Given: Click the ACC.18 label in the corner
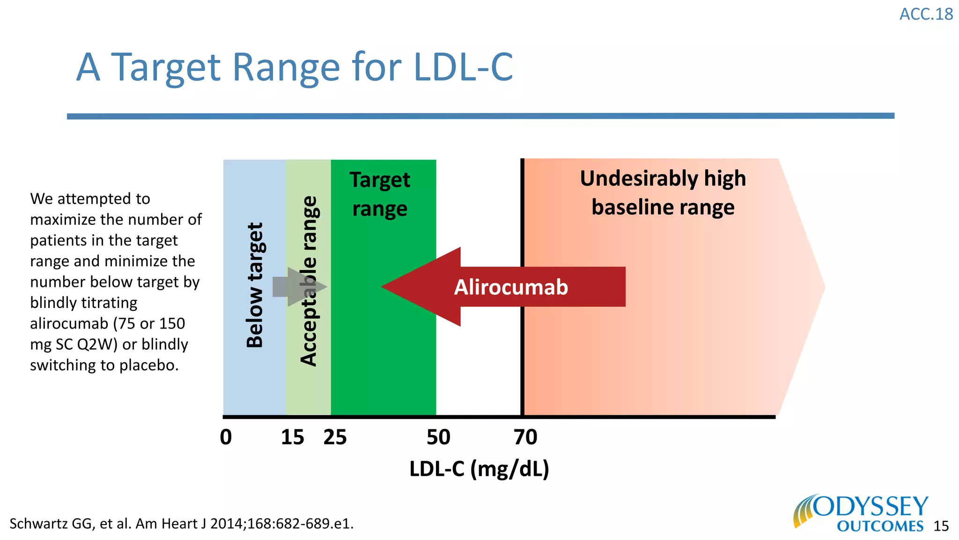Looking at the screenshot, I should pyautogui.click(x=926, y=14).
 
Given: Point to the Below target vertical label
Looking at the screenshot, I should pyautogui.click(x=255, y=285).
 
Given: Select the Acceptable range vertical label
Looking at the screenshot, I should pyautogui.click(x=309, y=281).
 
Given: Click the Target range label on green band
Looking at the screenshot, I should pyautogui.click(x=380, y=194).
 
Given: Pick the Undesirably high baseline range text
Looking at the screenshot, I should pyautogui.click(x=663, y=193).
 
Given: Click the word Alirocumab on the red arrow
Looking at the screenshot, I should pyautogui.click(x=511, y=287).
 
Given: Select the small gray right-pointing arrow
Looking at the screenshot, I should pyautogui.click(x=298, y=287).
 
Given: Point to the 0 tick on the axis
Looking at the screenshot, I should pyautogui.click(x=226, y=437).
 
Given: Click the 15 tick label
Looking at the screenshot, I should pyautogui.click(x=293, y=437).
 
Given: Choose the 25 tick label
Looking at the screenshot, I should pyautogui.click(x=335, y=437).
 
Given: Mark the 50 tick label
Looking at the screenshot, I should pyautogui.click(x=438, y=437).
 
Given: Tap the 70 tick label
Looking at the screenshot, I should pyautogui.click(x=525, y=437).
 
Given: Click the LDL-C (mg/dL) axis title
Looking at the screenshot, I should pyautogui.click(x=479, y=468).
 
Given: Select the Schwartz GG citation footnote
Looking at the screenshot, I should pyautogui.click(x=181, y=524).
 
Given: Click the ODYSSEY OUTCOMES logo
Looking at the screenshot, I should pyautogui.click(x=862, y=513).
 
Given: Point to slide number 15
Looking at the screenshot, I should pyautogui.click(x=941, y=526).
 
